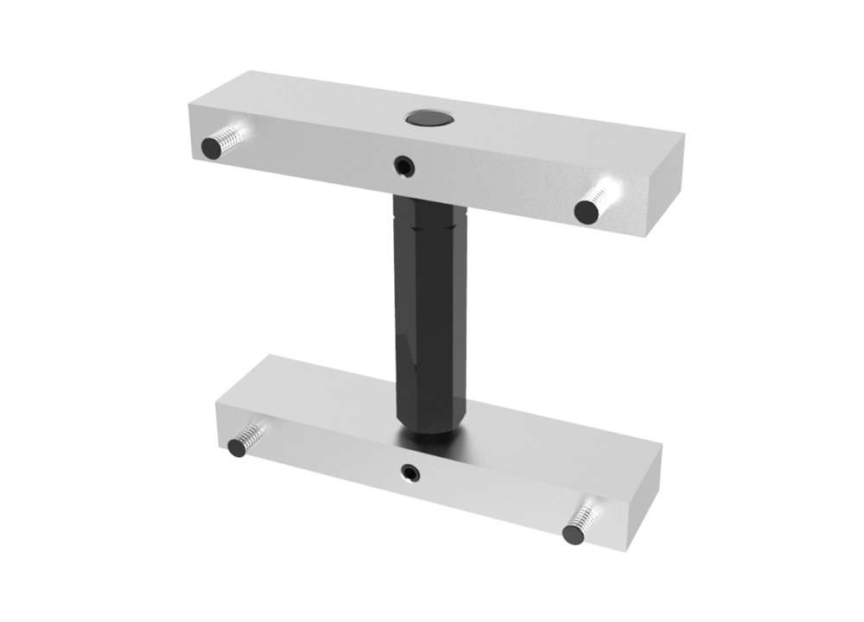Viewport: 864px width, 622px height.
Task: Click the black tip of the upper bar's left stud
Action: click(211, 149)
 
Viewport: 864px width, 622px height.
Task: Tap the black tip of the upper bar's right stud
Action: click(587, 212)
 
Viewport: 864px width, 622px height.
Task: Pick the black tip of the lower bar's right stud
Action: click(573, 533)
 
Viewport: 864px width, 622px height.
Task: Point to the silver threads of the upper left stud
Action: click(230, 136)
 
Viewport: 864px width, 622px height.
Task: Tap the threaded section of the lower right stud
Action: click(588, 516)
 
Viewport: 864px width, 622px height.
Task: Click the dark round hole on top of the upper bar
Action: click(424, 117)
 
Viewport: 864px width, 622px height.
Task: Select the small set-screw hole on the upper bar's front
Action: click(403, 164)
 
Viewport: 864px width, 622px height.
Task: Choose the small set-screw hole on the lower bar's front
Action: click(410, 472)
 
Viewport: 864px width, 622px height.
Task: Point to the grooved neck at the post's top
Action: click(429, 220)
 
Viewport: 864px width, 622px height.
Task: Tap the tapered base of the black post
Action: click(429, 428)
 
